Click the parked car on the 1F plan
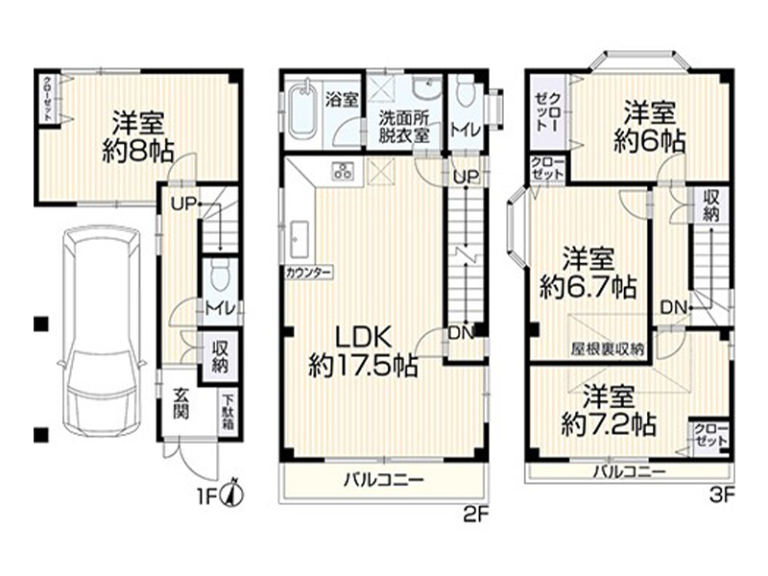pyautogui.click(x=102, y=330)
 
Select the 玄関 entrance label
pyautogui.click(x=181, y=403)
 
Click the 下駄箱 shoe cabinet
pyautogui.click(x=228, y=413)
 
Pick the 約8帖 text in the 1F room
pyautogui.click(x=138, y=151)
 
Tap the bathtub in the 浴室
pyautogui.click(x=302, y=109)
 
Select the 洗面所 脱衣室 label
pyautogui.click(x=404, y=127)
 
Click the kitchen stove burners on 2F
pyautogui.click(x=343, y=171)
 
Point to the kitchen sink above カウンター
pyautogui.click(x=299, y=239)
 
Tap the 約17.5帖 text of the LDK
pyautogui.click(x=363, y=366)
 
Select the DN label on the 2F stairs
pyautogui.click(x=461, y=333)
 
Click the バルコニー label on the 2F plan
pyautogui.click(x=383, y=480)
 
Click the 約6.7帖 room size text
pyautogui.click(x=588, y=287)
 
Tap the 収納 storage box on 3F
pyautogui.click(x=710, y=205)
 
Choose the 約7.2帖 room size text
pyautogui.click(x=609, y=424)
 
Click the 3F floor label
pyautogui.click(x=723, y=496)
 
